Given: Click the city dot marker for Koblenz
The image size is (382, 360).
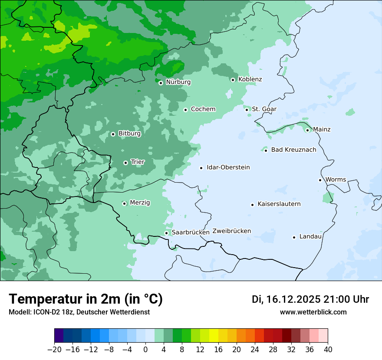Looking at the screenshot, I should [233, 80].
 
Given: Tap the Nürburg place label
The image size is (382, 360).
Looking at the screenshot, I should [178, 82].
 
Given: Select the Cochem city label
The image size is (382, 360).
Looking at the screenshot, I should [203, 109].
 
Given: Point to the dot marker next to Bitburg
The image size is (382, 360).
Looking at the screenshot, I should [113, 134].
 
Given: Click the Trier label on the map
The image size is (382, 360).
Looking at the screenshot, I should [138, 162].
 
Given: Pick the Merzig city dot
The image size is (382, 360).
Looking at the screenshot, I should [124, 203].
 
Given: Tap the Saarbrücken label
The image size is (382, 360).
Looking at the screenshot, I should [191, 232].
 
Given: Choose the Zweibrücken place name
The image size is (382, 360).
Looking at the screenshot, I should [231, 231].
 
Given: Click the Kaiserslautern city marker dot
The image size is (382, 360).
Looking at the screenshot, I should [252, 205].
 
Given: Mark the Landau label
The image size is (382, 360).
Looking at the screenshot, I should [310, 237].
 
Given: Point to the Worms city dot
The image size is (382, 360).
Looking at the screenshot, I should [320, 180].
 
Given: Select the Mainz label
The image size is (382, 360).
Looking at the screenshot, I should [322, 130].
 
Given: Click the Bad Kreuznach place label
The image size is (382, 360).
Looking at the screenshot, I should [293, 150].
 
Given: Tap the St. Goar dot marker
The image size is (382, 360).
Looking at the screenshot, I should [247, 110].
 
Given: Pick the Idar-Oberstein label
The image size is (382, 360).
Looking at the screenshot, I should [228, 167].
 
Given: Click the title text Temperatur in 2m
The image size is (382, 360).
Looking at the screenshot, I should [86, 299].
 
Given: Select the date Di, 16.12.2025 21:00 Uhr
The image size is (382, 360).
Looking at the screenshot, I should [310, 299].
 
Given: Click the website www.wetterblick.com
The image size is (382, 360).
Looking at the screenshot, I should [313, 312].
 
